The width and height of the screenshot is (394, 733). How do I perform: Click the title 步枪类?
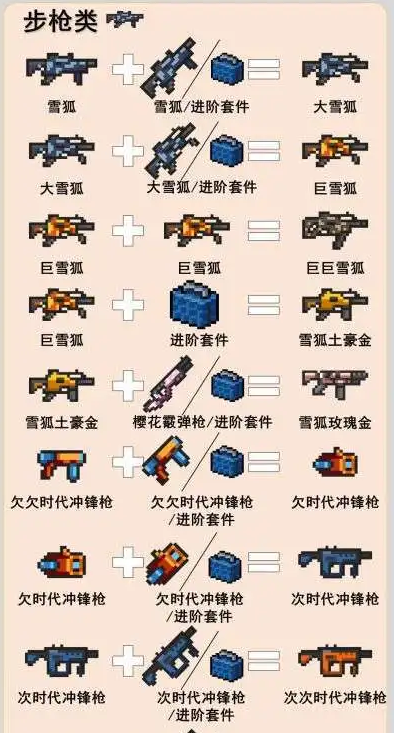pyautogui.click(x=60, y=22)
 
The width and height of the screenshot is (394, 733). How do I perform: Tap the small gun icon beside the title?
pyautogui.click(x=125, y=20)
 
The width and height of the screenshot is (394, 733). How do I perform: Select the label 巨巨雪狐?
pyautogui.click(x=335, y=268)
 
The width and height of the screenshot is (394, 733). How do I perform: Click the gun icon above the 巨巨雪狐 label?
pyautogui.click(x=335, y=230)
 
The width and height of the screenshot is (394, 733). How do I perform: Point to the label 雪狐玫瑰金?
pyautogui.click(x=335, y=423)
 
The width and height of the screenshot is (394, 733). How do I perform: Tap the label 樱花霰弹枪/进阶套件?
pyautogui.click(x=202, y=423)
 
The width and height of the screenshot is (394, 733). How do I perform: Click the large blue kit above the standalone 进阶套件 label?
pyautogui.click(x=194, y=304)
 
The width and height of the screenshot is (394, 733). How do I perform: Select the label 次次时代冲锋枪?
pyautogui.click(x=335, y=698)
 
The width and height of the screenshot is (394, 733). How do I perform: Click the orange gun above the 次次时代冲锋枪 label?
pyautogui.click(x=335, y=660)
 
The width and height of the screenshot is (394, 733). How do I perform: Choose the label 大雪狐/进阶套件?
pyautogui.click(x=201, y=187)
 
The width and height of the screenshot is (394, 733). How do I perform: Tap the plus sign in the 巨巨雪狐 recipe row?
pyautogui.click(x=128, y=230)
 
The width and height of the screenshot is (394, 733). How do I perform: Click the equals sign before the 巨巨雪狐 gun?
pyautogui.click(x=264, y=230)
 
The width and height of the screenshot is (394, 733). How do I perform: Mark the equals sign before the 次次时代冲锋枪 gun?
pyautogui.click(x=264, y=661)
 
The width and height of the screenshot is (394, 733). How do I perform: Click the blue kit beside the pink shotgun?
pyautogui.click(x=228, y=385)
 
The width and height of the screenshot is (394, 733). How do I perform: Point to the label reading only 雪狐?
pyautogui.click(x=62, y=107)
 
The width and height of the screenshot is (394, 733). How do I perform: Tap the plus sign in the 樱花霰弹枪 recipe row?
pyautogui.click(x=128, y=386)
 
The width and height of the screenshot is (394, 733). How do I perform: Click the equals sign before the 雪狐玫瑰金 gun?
pyautogui.click(x=264, y=386)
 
